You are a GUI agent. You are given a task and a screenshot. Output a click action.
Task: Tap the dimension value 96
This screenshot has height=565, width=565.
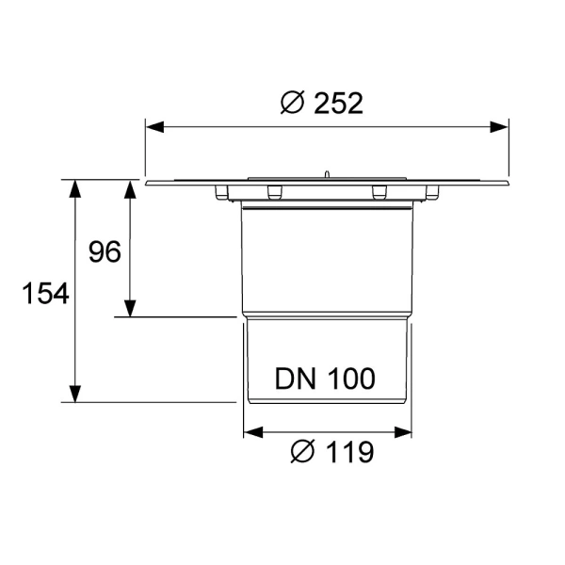105,252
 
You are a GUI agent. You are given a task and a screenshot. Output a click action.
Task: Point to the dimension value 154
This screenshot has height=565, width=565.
46,294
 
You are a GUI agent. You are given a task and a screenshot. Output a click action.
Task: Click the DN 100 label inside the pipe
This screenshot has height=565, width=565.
326,379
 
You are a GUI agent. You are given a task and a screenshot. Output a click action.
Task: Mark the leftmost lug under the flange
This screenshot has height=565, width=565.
224,193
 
